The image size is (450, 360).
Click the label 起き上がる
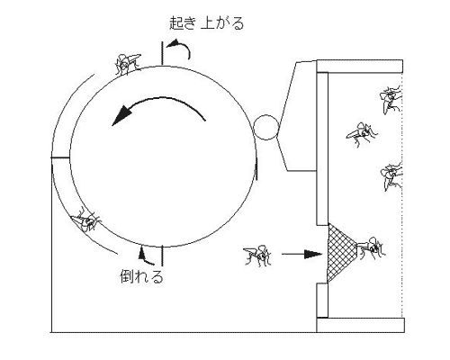(207, 23)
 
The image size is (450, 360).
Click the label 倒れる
(141, 276)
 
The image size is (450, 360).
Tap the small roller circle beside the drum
(266, 127)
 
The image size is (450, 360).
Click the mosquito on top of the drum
(128, 64)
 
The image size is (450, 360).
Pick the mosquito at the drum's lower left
(85, 220)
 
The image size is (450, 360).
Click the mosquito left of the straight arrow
(257, 255)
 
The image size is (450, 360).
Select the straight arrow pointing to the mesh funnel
(301, 254)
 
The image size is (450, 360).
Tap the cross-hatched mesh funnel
(340, 254)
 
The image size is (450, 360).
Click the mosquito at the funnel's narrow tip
(371, 248)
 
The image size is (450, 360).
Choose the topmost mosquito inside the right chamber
(391, 99)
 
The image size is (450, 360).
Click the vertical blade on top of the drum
(162, 53)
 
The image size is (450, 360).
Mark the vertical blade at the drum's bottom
(162, 256)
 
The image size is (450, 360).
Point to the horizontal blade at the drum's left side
(60, 157)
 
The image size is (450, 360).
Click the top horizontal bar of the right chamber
(360, 67)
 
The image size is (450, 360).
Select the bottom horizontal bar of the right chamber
(360, 325)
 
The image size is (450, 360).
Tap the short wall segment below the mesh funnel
(322, 301)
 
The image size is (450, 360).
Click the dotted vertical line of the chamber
(402, 195)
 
